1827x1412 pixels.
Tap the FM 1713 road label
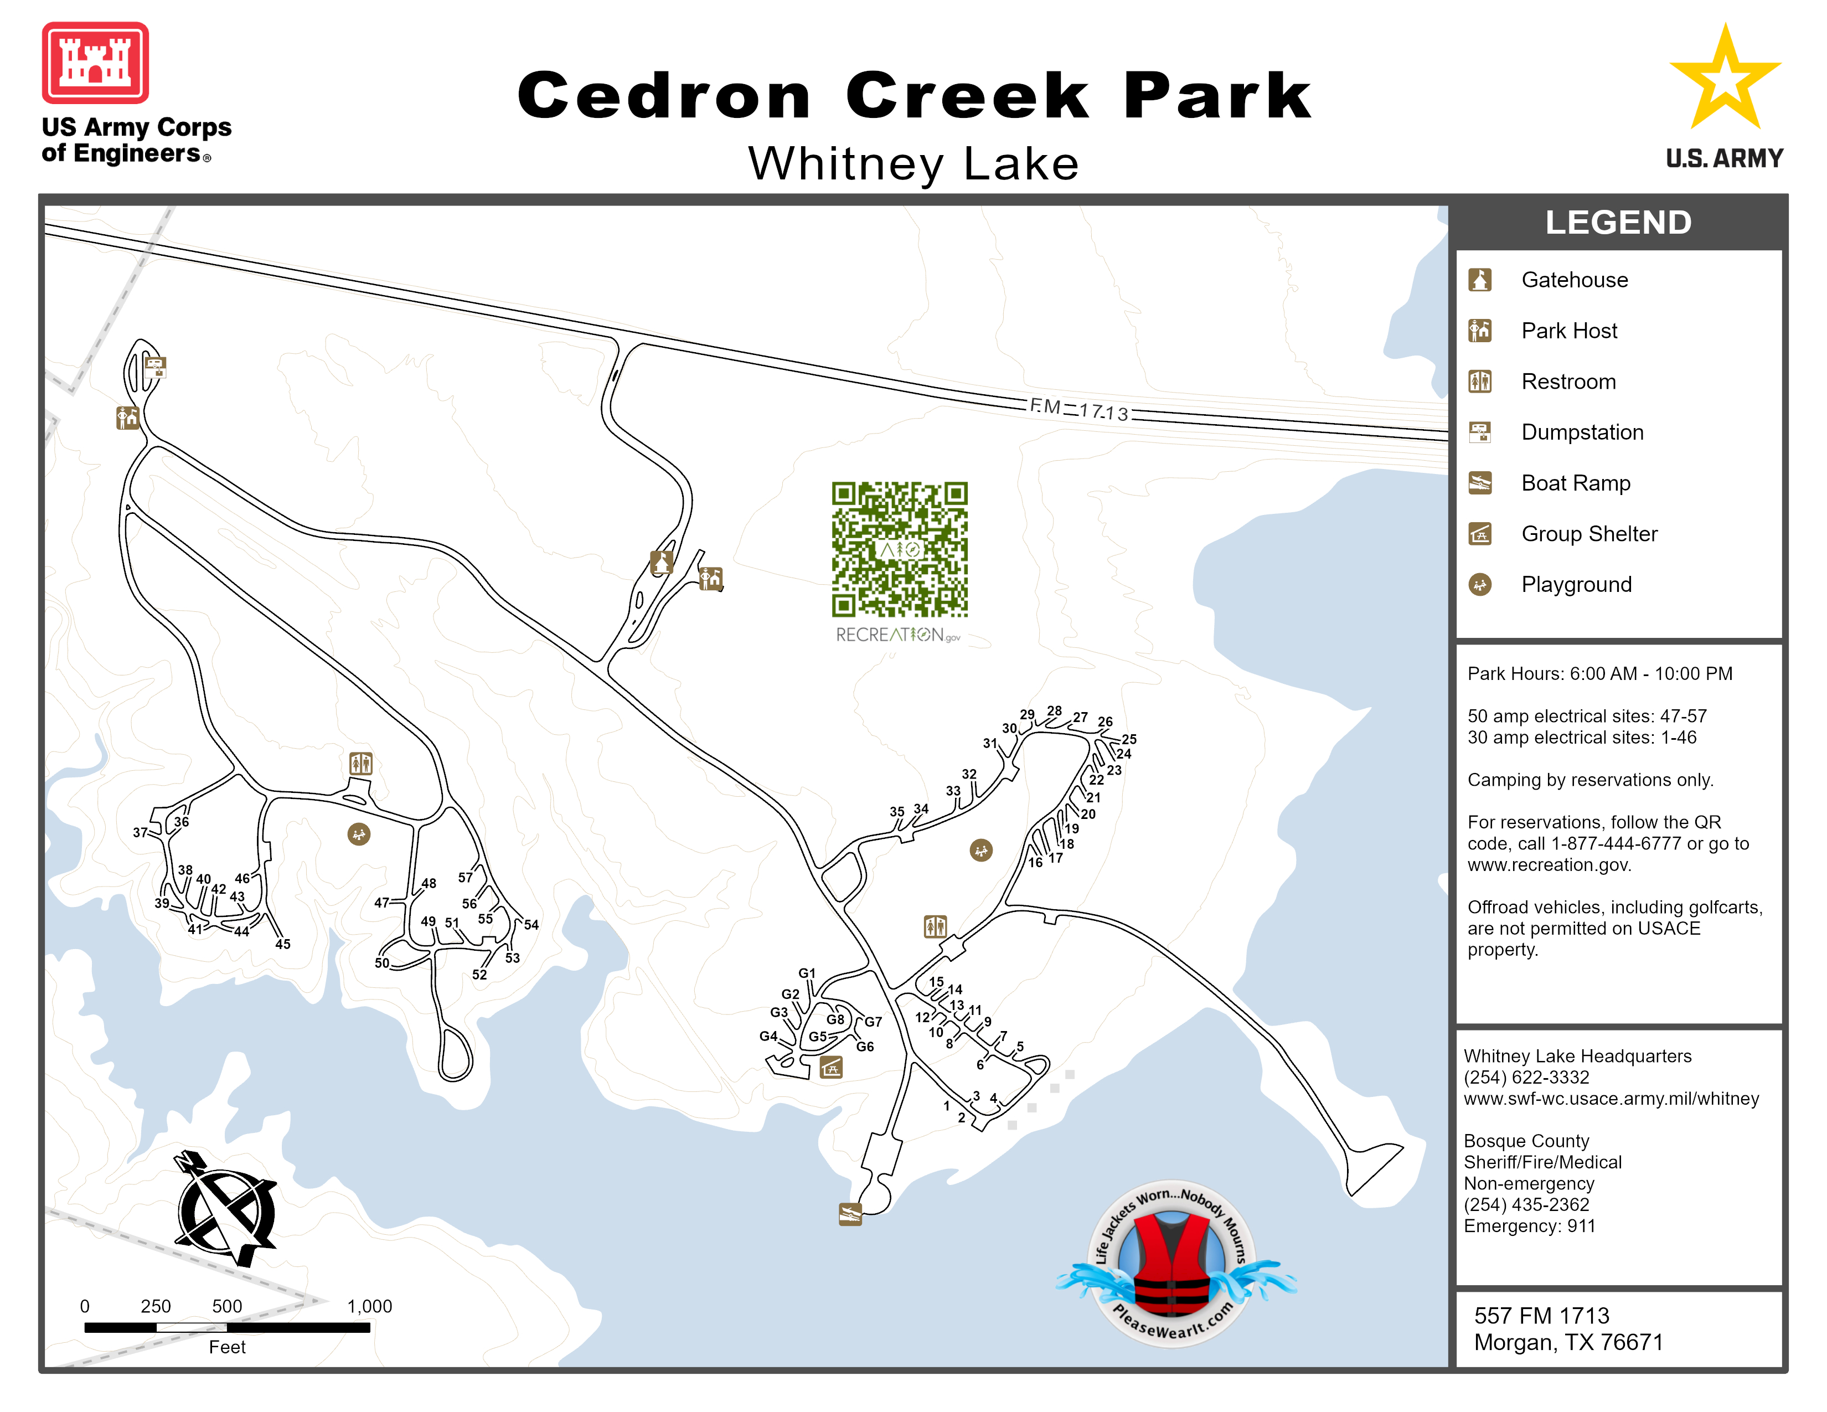[1079, 410]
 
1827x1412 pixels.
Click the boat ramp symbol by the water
[850, 1214]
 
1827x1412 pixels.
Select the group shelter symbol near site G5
[830, 1068]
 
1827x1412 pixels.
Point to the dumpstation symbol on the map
[155, 365]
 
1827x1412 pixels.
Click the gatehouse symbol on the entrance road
[662, 562]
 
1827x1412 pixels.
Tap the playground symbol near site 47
[359, 834]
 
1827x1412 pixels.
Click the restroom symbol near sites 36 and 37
[360, 763]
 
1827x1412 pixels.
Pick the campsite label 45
[283, 945]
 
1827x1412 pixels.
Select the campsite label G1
[807, 973]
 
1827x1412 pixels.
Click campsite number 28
[1054, 711]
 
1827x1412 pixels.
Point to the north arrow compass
[224, 1210]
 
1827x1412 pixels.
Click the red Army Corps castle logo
[95, 63]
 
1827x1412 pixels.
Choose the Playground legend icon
[1480, 585]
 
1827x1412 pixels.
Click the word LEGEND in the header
[1618, 223]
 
